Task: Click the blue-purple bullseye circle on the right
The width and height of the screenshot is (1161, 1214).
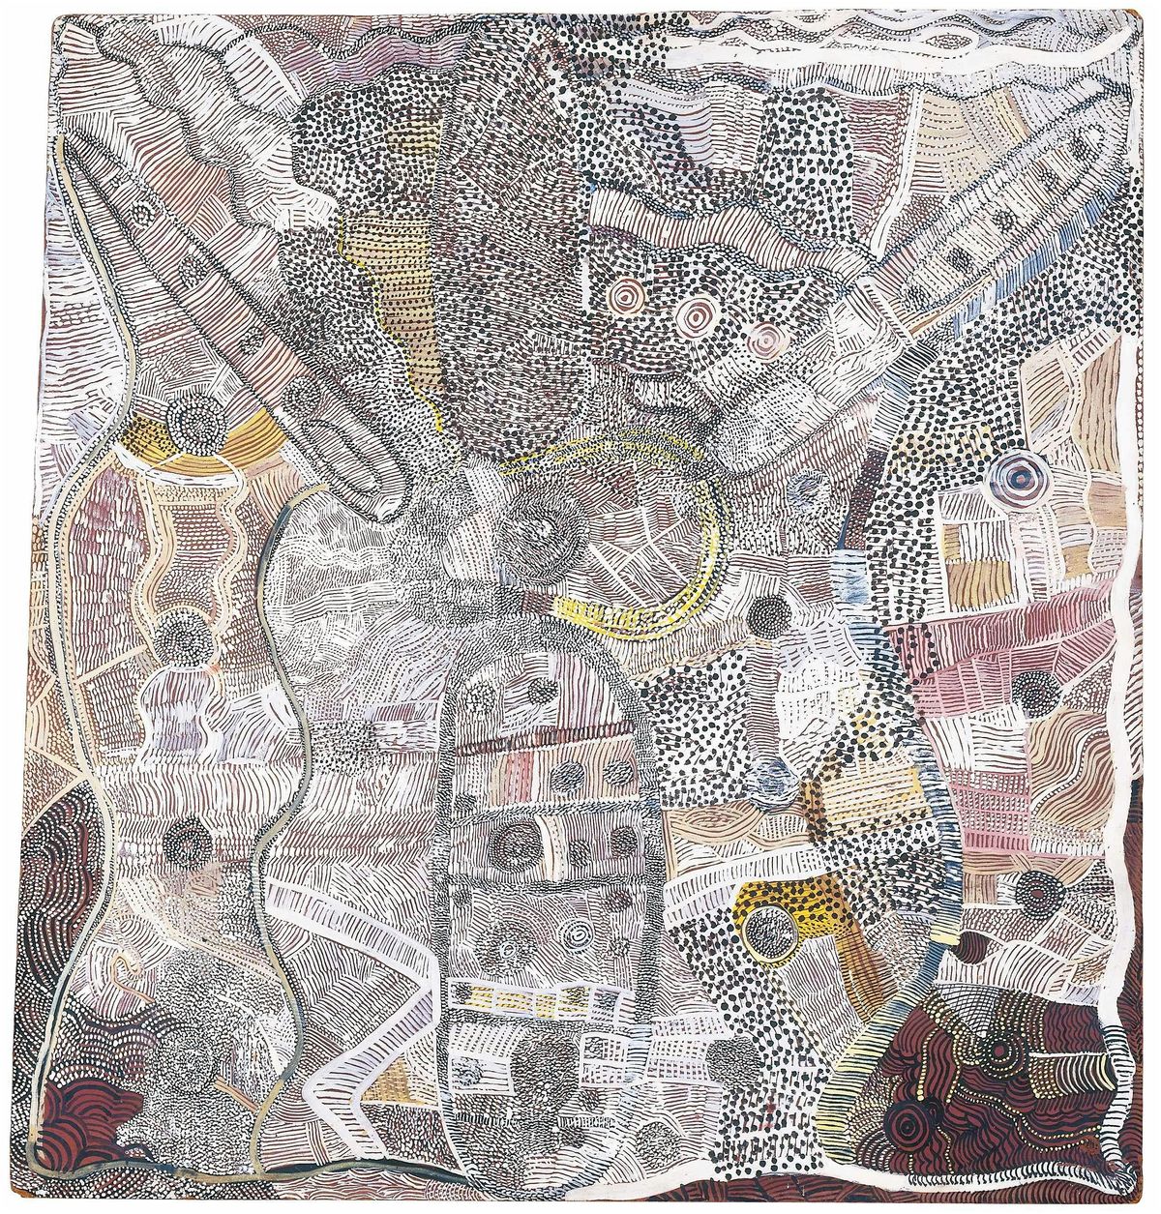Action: [x=1019, y=474]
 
